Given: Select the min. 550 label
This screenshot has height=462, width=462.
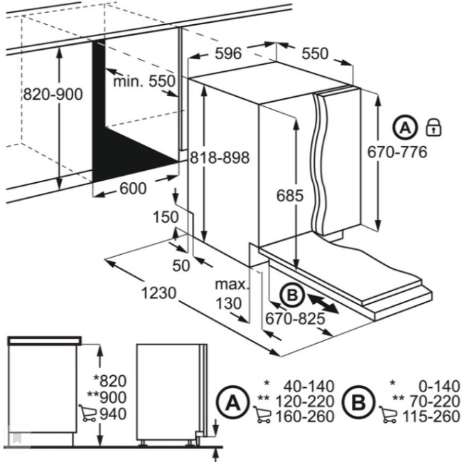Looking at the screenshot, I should [144, 82].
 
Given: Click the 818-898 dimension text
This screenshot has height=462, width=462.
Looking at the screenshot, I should [220, 158].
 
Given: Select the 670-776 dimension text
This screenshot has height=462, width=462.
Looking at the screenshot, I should [397, 152].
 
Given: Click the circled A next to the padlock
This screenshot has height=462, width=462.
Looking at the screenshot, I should [405, 128].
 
